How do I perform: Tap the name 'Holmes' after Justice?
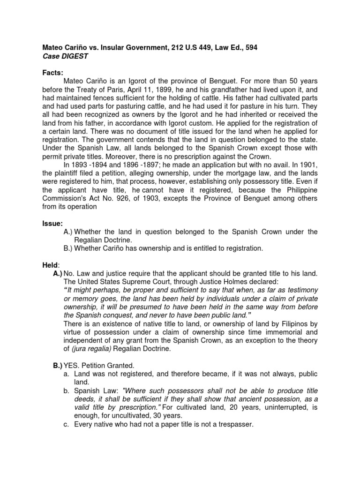click(x=226, y=282)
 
